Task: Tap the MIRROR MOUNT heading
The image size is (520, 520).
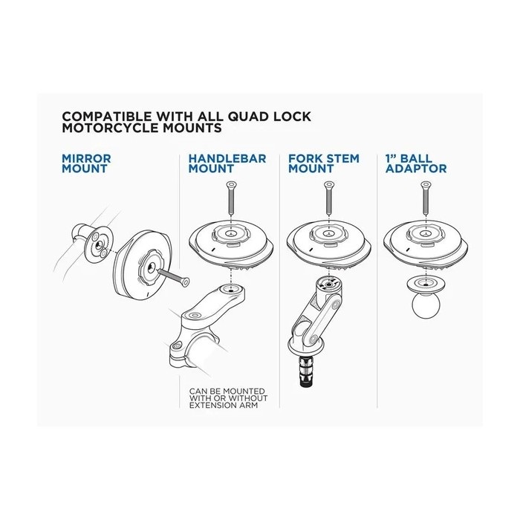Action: [x=86, y=163]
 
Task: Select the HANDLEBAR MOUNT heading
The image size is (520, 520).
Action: [x=227, y=163]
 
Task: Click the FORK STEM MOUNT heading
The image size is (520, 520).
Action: [x=324, y=163]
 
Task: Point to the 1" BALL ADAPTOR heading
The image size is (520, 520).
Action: [x=416, y=163]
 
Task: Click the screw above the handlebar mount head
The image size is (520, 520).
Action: [x=230, y=198]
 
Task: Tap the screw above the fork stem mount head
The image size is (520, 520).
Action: [x=328, y=198]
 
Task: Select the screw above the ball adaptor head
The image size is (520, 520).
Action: [x=426, y=198]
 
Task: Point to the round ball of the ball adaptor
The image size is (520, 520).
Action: [x=426, y=305]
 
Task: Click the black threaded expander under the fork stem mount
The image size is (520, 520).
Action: [x=306, y=371]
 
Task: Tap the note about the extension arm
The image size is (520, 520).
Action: [x=228, y=398]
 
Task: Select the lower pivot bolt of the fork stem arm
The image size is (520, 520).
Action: [x=313, y=339]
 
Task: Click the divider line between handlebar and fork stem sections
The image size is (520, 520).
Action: [x=279, y=281]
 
